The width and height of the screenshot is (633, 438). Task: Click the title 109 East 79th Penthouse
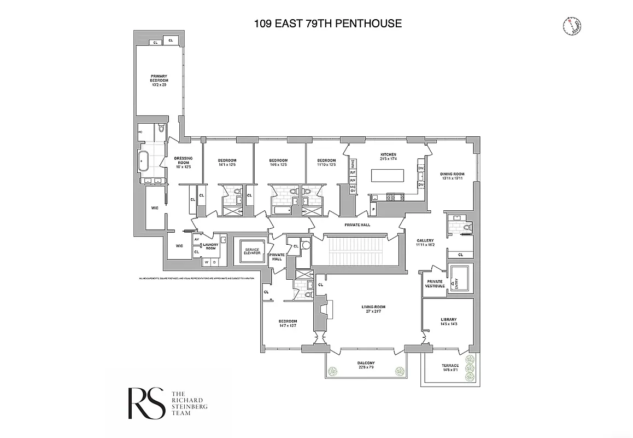(x=328, y=23)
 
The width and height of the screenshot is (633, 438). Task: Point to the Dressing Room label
(x=183, y=162)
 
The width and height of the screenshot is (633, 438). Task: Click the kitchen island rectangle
(x=388, y=176)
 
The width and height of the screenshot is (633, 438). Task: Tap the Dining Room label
(x=452, y=176)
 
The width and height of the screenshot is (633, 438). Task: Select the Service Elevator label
(x=252, y=251)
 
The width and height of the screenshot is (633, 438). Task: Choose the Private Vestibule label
(x=434, y=284)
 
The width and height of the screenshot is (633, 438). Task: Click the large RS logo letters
(x=146, y=404)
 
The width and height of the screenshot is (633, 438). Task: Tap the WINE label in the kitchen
(x=353, y=163)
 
